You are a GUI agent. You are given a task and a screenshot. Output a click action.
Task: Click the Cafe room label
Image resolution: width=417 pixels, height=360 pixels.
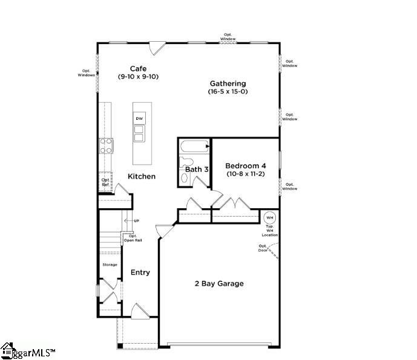pyautogui.click(x=138, y=69)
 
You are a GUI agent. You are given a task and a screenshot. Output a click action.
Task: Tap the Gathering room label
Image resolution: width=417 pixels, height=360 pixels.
pyautogui.click(x=228, y=83)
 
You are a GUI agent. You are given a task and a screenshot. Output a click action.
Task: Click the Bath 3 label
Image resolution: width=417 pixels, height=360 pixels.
pyautogui.click(x=197, y=169)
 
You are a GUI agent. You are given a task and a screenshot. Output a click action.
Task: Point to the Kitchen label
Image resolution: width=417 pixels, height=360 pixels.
pyautogui.click(x=142, y=177)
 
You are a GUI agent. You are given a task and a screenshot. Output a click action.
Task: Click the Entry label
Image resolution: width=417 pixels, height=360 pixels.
pyautogui.click(x=140, y=272)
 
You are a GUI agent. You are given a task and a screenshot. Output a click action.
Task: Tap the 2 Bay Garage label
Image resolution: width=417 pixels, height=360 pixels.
pyautogui.click(x=219, y=283)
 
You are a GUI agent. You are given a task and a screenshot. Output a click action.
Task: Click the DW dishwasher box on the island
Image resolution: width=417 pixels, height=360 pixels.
pyautogui.click(x=139, y=119)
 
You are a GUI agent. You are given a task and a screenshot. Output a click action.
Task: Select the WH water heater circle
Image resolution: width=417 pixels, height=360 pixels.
pyautogui.click(x=270, y=218)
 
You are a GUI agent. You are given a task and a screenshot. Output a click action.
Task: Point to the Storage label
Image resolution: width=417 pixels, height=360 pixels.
pyautogui.click(x=110, y=264)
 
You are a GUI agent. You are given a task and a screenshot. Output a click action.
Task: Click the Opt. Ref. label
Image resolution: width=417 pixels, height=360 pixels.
pyautogui.click(x=106, y=182)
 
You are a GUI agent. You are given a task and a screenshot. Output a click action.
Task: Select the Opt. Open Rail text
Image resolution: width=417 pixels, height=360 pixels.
pyautogui.click(x=133, y=238)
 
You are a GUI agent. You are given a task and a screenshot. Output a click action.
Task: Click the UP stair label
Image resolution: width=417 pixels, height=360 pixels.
pyautogui.click(x=137, y=221)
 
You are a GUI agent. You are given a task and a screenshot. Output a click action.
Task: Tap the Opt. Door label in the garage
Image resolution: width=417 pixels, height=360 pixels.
pyautogui.click(x=263, y=247)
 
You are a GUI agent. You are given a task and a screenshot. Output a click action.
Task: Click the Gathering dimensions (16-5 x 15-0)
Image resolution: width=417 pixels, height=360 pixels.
pyautogui.click(x=228, y=92)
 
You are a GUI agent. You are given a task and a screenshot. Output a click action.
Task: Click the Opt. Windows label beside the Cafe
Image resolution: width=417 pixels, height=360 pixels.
pyautogui.click(x=87, y=73)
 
